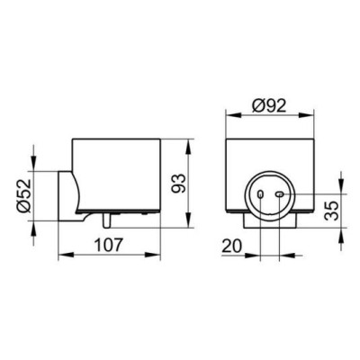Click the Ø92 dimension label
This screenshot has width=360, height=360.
pos(269,105)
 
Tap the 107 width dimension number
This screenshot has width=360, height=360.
pos(109,245)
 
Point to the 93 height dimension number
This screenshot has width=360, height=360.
pos(179,184)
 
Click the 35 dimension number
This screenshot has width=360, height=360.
pos(332,211)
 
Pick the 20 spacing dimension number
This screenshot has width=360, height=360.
pos(232,247)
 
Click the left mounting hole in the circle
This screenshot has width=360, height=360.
pos(261,194)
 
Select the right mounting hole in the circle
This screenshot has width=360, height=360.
pos(280,194)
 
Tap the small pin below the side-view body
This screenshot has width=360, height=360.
pos(106,220)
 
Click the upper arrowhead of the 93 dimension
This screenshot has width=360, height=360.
pos(188,146)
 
